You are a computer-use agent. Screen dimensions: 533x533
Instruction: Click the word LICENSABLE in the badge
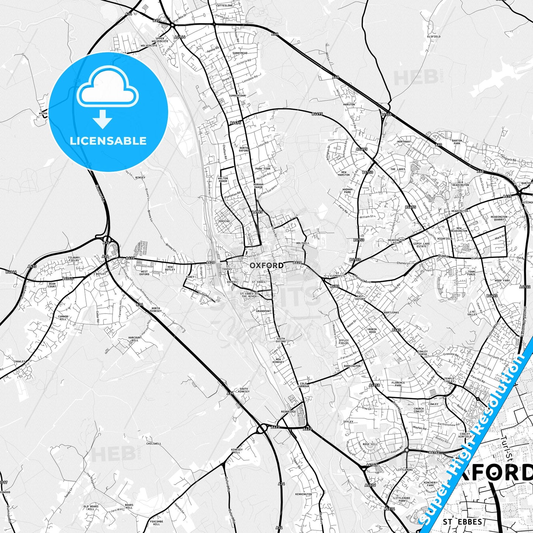108,141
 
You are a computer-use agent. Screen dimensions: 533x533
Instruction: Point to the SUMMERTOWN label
237,96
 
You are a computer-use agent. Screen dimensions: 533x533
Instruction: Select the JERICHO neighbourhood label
224,221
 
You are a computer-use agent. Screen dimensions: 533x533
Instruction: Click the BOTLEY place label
101,274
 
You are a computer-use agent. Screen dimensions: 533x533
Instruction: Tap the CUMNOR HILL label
63,318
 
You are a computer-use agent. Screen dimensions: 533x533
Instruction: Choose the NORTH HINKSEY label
155,310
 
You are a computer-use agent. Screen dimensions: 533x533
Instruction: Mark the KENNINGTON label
303,494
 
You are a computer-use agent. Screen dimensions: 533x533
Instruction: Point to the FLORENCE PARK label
398,384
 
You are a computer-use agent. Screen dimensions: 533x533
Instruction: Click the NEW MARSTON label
343,173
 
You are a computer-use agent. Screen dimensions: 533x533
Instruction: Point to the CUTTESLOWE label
225,6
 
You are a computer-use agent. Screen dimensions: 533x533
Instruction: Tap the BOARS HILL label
129,506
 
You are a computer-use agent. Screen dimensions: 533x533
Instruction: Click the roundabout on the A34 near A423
262,429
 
